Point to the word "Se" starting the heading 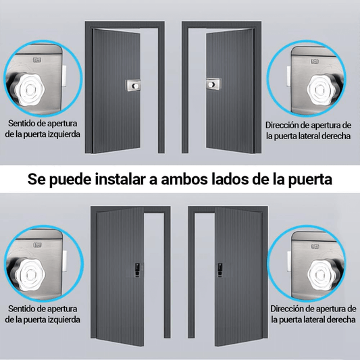click(36, 181)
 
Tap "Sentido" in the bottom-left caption click(24, 308)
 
